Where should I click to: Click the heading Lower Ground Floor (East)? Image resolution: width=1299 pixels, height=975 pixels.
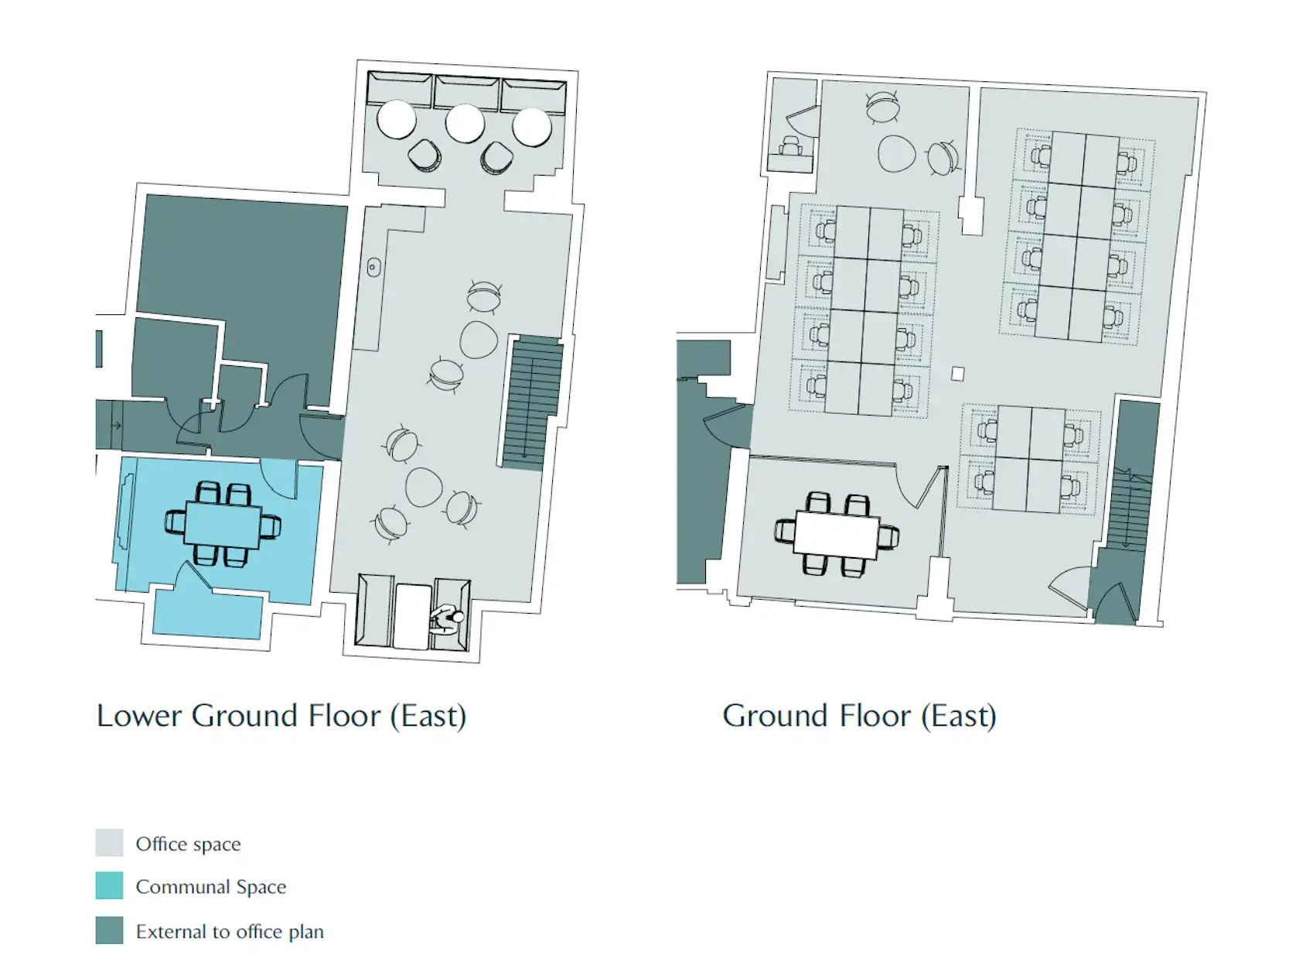(x=281, y=717)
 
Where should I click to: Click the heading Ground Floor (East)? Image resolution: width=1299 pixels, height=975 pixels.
(x=859, y=717)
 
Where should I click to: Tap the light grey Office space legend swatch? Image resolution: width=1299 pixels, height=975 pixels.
(x=110, y=843)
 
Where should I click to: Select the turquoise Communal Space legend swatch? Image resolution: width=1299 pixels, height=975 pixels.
(x=110, y=885)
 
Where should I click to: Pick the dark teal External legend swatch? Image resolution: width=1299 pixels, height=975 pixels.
(x=110, y=930)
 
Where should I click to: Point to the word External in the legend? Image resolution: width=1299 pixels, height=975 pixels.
(x=172, y=932)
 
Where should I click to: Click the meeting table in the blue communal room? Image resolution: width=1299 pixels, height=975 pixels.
(x=223, y=525)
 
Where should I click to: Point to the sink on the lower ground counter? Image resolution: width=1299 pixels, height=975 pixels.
(x=373, y=268)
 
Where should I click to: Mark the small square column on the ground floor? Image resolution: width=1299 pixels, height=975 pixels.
(x=957, y=374)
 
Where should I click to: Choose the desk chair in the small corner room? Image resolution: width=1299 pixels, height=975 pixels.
(x=791, y=145)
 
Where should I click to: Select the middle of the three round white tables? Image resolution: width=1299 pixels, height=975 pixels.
(x=465, y=123)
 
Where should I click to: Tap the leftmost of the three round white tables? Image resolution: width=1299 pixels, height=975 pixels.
(x=397, y=120)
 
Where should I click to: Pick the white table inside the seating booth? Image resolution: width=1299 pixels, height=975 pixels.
(x=412, y=616)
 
